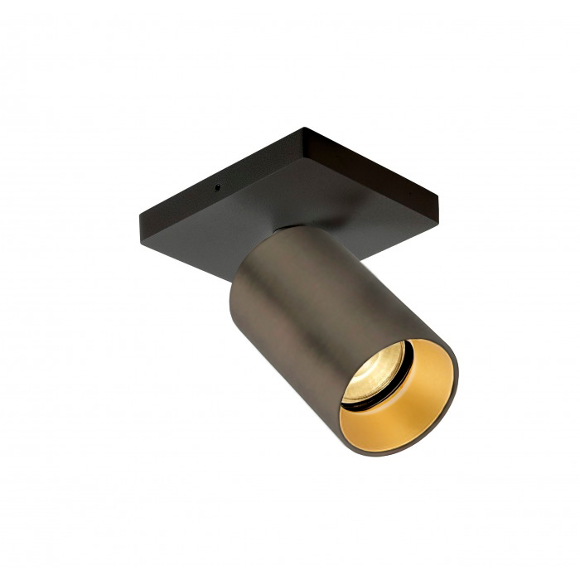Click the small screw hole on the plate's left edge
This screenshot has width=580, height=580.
[217, 186]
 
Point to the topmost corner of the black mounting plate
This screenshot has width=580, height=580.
[305, 128]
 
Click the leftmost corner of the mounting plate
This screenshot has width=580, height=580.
[138, 217]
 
